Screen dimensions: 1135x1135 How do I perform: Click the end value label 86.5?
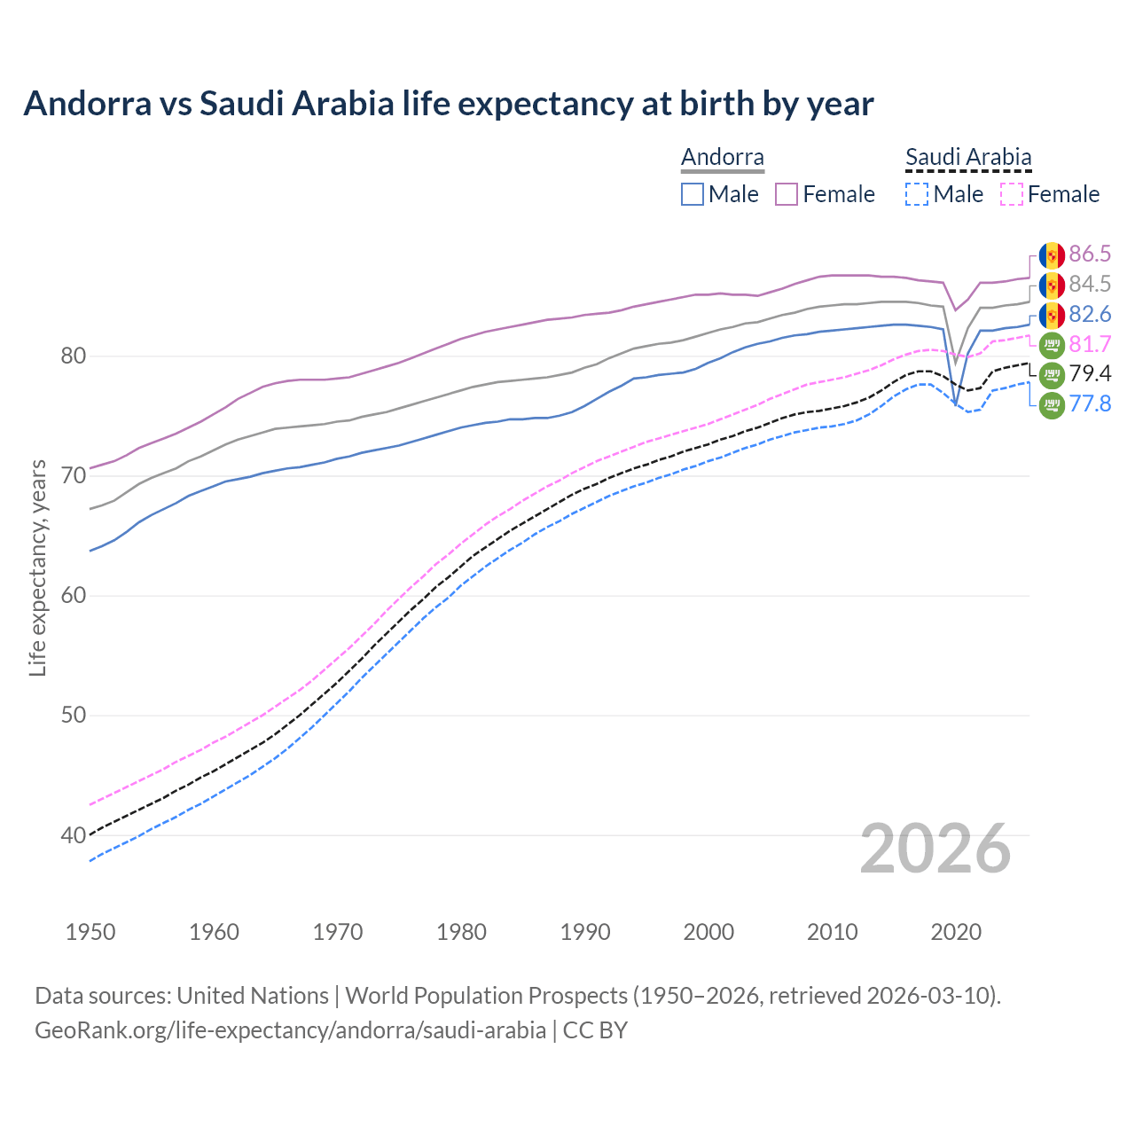[1090, 254]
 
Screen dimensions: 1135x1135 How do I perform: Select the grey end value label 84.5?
[1090, 285]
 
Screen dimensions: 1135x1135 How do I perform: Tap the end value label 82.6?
[1090, 315]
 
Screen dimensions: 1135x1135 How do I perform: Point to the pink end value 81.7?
[1090, 344]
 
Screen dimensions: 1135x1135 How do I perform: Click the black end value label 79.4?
[1090, 374]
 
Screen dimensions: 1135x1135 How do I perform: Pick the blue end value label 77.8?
[1090, 404]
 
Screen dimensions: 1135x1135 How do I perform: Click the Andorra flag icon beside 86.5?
[1052, 255]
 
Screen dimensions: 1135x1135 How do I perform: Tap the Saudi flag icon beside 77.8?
[1052, 405]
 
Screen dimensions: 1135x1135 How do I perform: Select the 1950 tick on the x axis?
[90, 932]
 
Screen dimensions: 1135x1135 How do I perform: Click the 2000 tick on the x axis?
[708, 932]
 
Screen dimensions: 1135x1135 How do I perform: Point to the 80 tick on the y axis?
[73, 356]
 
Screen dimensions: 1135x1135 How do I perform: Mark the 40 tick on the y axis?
[73, 835]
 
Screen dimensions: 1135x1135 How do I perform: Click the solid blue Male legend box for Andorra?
[693, 194]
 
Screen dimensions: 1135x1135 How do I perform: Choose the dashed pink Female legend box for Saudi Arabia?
[1012, 194]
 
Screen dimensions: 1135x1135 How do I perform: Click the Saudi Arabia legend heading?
[968, 158]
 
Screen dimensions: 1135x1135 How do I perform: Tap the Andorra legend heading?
[723, 158]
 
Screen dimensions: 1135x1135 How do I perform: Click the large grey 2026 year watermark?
[935, 849]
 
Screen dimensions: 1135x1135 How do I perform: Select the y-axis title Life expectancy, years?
[38, 567]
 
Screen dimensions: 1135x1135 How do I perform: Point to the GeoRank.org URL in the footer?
[290, 1030]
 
